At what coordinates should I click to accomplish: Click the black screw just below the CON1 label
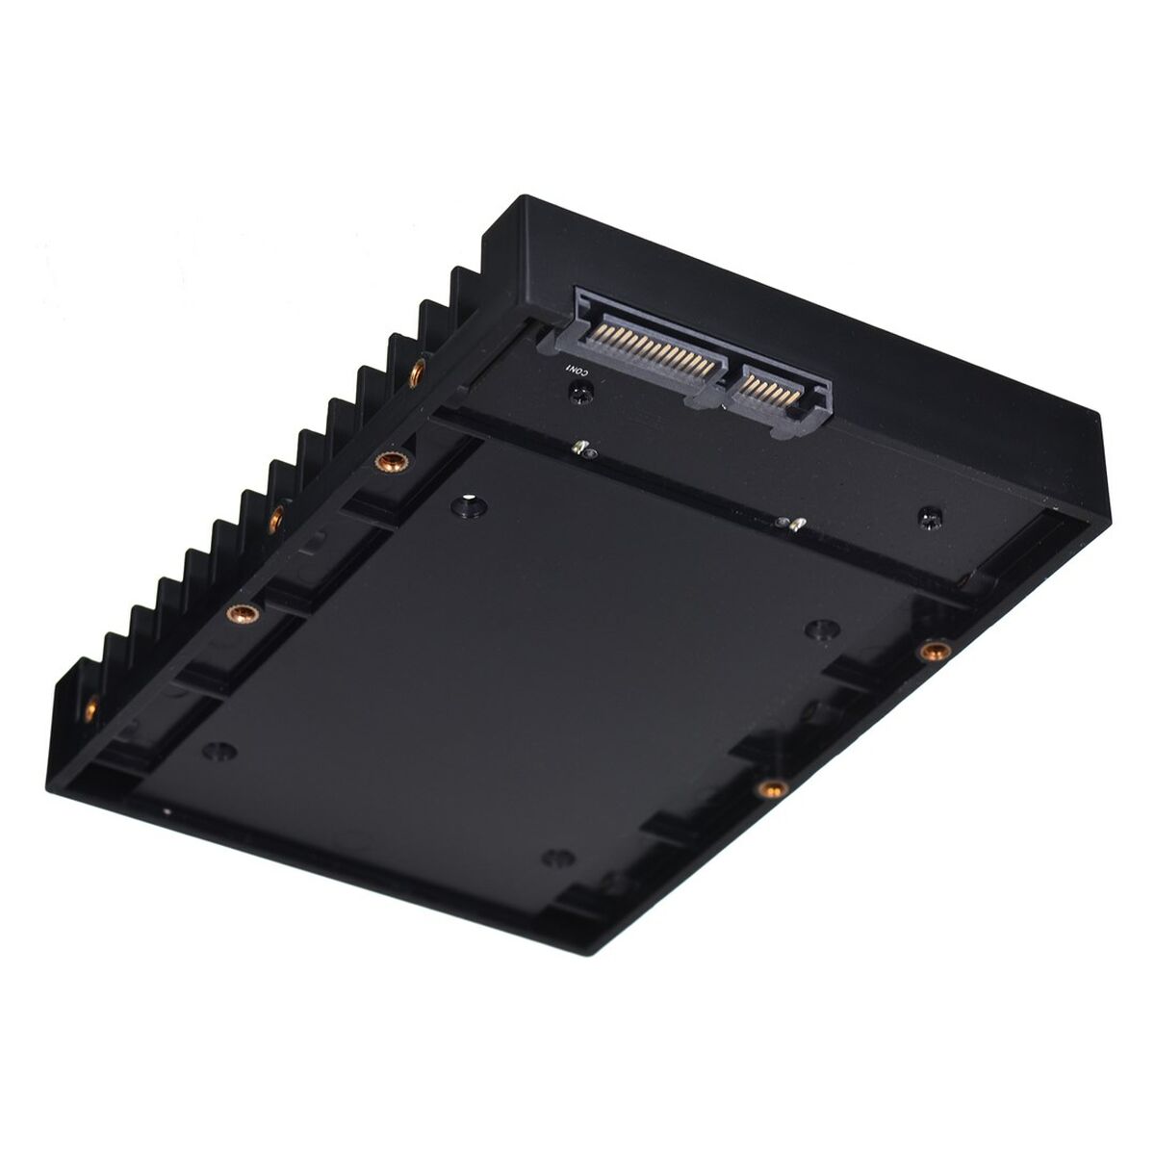tap(580, 394)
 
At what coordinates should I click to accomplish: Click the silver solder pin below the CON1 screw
tap(579, 447)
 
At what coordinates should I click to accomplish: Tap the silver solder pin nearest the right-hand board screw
tap(795, 526)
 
